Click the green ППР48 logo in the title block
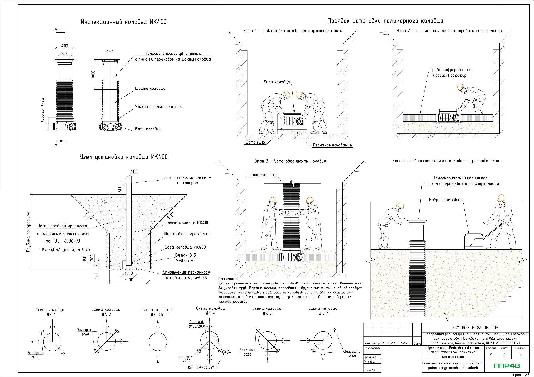tap(506, 366)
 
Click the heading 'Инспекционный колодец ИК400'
tap(123, 22)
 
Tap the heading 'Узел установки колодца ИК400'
tap(123, 157)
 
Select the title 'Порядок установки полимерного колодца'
tap(385, 21)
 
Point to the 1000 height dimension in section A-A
tap(93, 74)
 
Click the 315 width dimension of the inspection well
tap(65, 53)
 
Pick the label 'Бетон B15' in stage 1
tap(255, 142)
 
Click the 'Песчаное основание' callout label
tap(332, 145)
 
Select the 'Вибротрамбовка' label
tap(445, 200)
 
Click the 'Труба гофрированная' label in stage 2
tap(451, 70)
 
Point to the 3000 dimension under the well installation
tap(128, 279)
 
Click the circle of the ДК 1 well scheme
tap(52, 342)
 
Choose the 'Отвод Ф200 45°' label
tap(201, 368)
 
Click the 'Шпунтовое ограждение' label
tap(187, 234)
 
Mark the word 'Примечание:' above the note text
tap(228, 279)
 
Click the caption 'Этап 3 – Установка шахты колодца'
tap(290, 161)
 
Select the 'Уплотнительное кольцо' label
tap(159, 106)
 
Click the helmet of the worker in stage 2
tap(460, 87)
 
